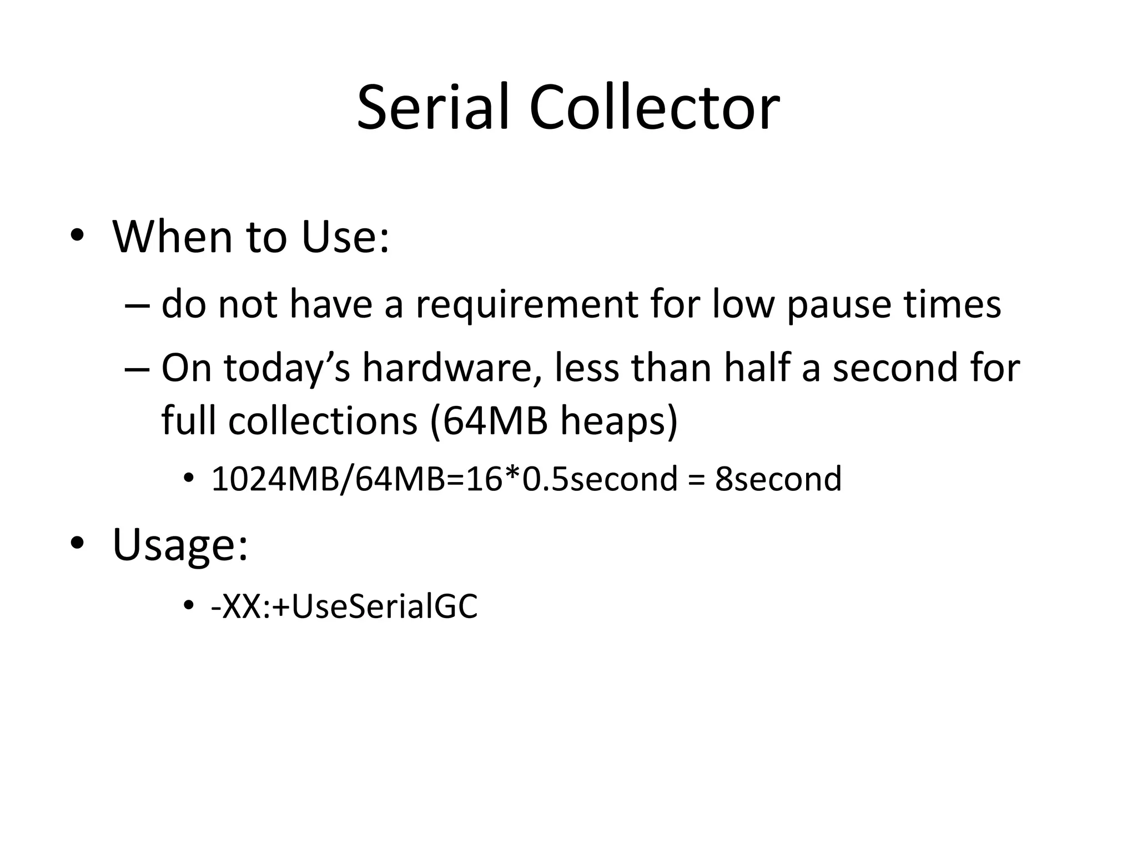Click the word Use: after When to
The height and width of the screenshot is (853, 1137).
click(345, 237)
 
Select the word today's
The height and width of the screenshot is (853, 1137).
click(287, 369)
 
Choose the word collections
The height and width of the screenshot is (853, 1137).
click(323, 420)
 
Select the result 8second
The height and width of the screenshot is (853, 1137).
click(778, 479)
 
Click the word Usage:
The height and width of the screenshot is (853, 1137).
click(180, 545)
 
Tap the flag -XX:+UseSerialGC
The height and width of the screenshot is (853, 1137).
click(344, 606)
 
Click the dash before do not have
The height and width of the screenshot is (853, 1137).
click(137, 306)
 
